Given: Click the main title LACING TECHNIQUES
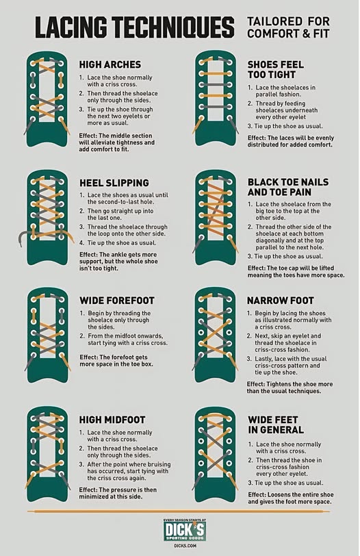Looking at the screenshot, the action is pyautogui.click(x=135, y=27).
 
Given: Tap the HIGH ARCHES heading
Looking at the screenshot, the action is pyautogui.click(x=110, y=64).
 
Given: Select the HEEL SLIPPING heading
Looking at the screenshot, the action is pyautogui.click(x=114, y=183).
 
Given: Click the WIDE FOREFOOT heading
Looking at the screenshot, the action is pyautogui.click(x=117, y=301).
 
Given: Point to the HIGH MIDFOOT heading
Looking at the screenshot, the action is pyautogui.click(x=112, y=420).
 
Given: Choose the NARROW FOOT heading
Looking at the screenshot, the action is pyautogui.click(x=281, y=301).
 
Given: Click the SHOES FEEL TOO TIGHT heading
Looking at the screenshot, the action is pyautogui.click(x=276, y=70).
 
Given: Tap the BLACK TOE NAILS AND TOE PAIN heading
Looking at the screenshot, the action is pyautogui.click(x=288, y=187).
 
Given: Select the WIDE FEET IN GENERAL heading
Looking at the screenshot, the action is pyautogui.click(x=276, y=425).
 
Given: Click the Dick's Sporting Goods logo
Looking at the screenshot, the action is pyautogui.click(x=185, y=530).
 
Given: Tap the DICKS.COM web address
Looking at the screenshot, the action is pyautogui.click(x=185, y=546).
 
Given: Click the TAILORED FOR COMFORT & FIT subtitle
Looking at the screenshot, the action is pyautogui.click(x=288, y=27).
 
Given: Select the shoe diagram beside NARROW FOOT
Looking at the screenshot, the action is pyautogui.click(x=216, y=334).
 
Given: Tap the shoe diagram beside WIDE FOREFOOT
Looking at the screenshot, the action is pyautogui.click(x=47, y=334).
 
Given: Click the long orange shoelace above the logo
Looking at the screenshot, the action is pyautogui.click(x=179, y=511).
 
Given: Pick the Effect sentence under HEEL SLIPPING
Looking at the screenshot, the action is pyautogui.click(x=118, y=262).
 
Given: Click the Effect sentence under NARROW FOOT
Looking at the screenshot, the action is pyautogui.click(x=290, y=388).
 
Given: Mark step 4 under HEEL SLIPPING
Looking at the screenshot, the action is pyautogui.click(x=118, y=243).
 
